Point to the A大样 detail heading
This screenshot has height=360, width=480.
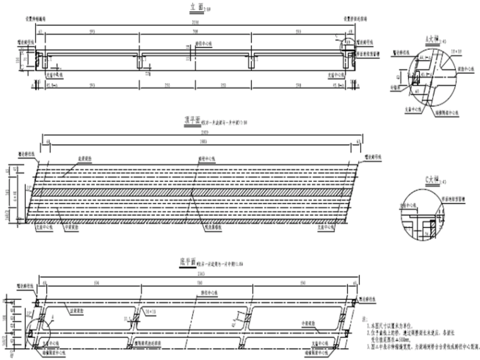coord(431,39)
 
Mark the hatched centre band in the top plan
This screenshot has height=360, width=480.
coord(196,191)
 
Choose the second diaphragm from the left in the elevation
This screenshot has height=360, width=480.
coord(140,61)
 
